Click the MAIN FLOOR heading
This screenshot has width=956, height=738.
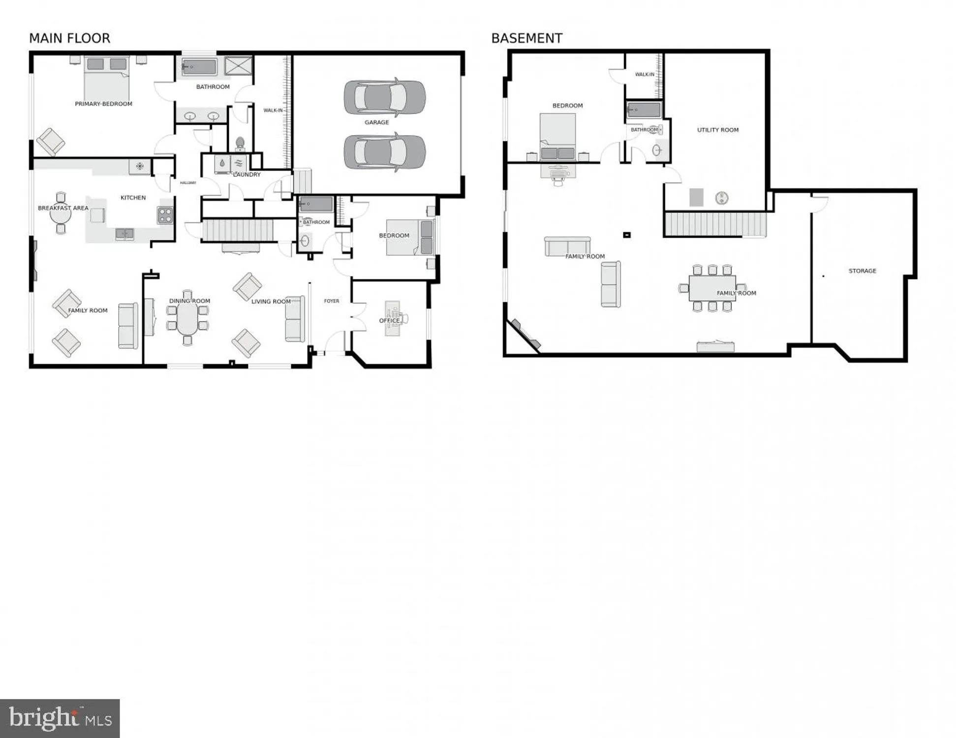coord(69,38)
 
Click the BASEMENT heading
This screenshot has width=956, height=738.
coord(526,38)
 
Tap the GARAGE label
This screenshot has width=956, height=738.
coord(376,122)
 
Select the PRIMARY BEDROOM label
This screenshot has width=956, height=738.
coord(103,104)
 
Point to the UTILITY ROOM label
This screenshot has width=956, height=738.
coord(717,130)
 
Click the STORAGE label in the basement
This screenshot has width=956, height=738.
coord(862,271)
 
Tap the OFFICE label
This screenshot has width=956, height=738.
coord(389,321)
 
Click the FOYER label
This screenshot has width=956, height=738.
coord(331,301)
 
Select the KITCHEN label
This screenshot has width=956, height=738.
coord(133,197)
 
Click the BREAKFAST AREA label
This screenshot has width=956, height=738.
coord(63,208)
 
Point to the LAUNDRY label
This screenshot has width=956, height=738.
coord(247,175)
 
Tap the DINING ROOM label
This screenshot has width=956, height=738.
coord(189,301)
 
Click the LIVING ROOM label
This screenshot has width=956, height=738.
coord(271,301)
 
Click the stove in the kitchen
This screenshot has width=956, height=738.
coord(165,215)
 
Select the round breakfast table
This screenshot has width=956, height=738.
coord(61,215)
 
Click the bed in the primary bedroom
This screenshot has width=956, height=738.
coord(106,79)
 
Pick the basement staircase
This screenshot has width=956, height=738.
coord(714,224)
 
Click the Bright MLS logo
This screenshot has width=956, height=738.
coord(60,718)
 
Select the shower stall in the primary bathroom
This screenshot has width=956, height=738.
coord(239,65)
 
